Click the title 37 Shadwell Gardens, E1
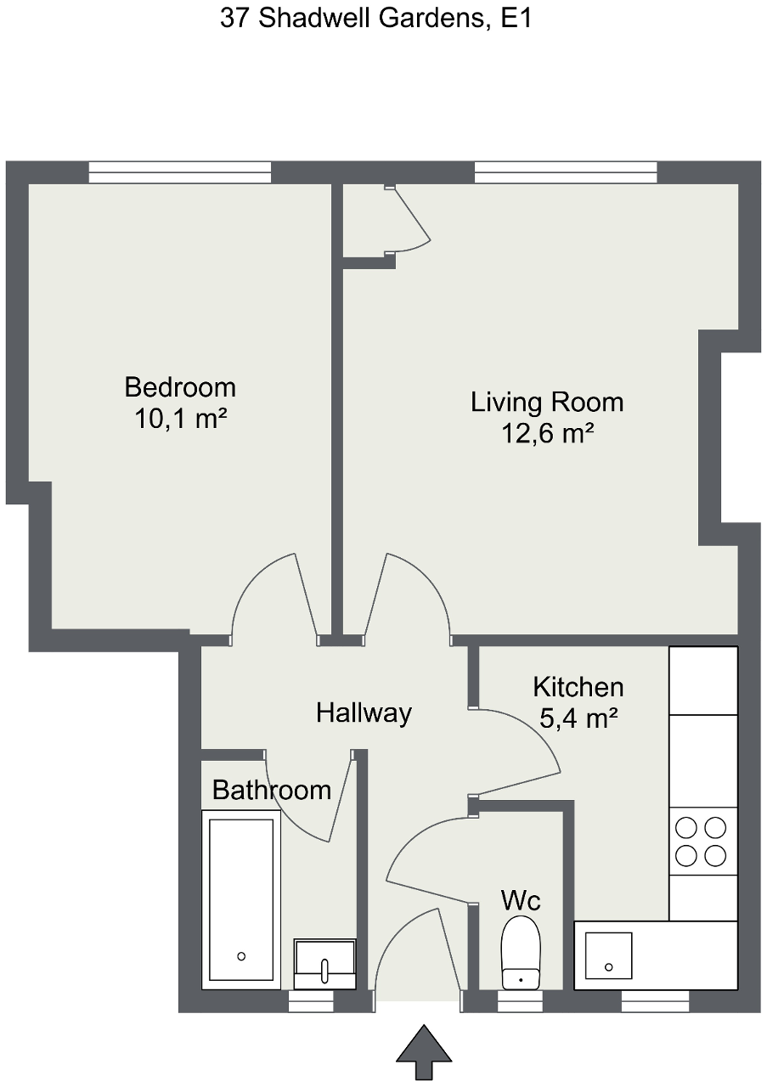pos(375,19)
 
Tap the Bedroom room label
pos(180,387)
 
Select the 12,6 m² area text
pos(547,434)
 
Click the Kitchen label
pos(578,686)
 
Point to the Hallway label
pos(364,712)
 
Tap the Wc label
pos(521,899)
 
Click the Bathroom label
pos(271,790)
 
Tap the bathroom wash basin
pos(324,964)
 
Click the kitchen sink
pos(608,955)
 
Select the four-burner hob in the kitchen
pos(702,841)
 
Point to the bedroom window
pos(180,172)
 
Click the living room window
pos(566,172)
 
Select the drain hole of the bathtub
pos(241,956)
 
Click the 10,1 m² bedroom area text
pos(180,420)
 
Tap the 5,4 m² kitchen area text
pos(578,719)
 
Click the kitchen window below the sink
pos(655,1003)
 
